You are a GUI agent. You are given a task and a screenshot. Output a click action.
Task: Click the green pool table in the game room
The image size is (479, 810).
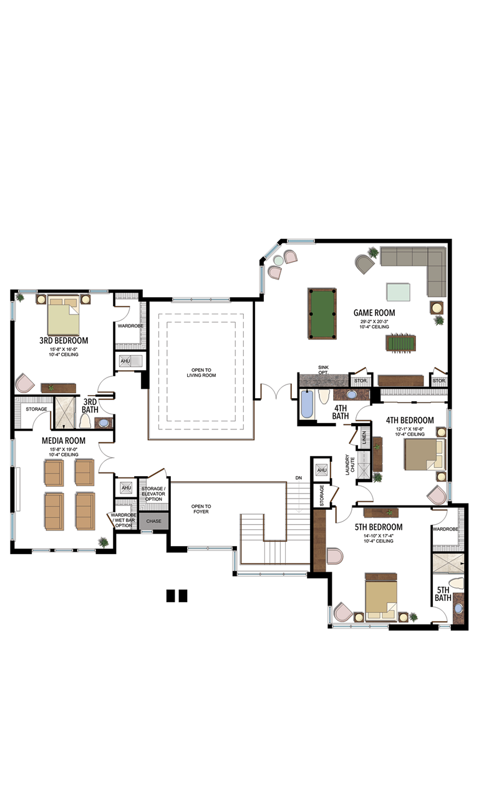(x=321, y=313)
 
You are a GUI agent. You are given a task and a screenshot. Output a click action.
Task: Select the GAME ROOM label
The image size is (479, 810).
(x=374, y=313)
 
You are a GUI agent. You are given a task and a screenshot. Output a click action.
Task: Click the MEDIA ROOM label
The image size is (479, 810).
(x=64, y=441)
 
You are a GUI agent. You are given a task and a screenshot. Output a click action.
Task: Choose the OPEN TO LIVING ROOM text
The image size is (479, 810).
(x=201, y=373)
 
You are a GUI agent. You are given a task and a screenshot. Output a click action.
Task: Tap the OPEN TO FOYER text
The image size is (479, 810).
(x=201, y=509)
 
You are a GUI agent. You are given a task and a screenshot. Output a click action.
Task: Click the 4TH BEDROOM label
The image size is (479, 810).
(x=410, y=420)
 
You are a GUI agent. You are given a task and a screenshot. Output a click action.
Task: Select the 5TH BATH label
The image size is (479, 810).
(x=443, y=594)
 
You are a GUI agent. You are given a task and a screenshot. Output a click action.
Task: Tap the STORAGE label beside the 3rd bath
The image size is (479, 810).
(x=36, y=409)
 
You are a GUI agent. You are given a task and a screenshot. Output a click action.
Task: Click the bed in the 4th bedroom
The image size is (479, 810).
(x=424, y=454)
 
